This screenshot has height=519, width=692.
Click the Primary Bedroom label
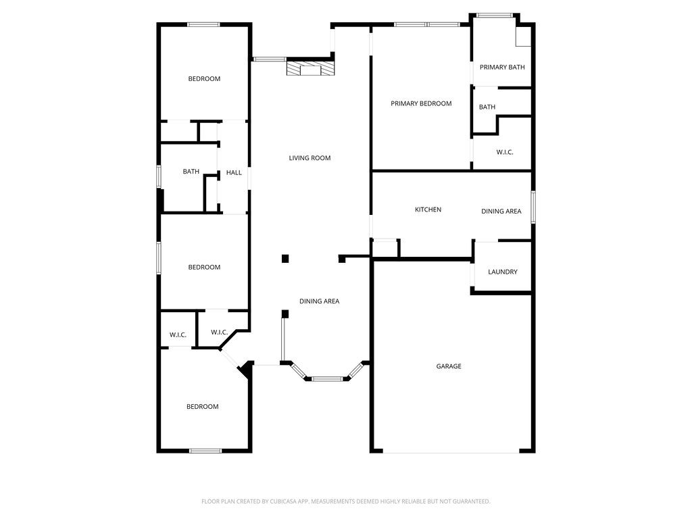point(421,103)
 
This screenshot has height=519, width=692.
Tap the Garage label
point(449,366)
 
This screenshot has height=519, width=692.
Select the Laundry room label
point(502,272)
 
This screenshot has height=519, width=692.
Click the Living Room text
point(310,158)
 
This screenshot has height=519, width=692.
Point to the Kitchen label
point(428,209)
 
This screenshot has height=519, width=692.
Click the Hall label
point(234,173)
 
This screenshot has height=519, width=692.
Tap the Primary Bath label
point(502,67)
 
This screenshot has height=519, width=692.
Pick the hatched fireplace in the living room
point(310,69)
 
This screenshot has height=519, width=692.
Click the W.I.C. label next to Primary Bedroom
point(505,152)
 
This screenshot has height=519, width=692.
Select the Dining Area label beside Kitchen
point(501,212)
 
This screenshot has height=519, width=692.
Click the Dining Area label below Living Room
point(320,301)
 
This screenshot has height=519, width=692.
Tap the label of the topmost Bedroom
point(204,79)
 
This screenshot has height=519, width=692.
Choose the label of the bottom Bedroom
point(203,407)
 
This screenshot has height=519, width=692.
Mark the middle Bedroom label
point(204,268)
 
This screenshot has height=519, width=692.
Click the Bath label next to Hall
point(191,172)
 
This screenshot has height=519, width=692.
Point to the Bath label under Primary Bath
point(487,107)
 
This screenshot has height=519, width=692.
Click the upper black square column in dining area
point(285,258)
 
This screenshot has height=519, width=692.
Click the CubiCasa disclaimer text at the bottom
point(346,501)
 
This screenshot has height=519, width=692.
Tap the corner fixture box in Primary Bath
point(524,37)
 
